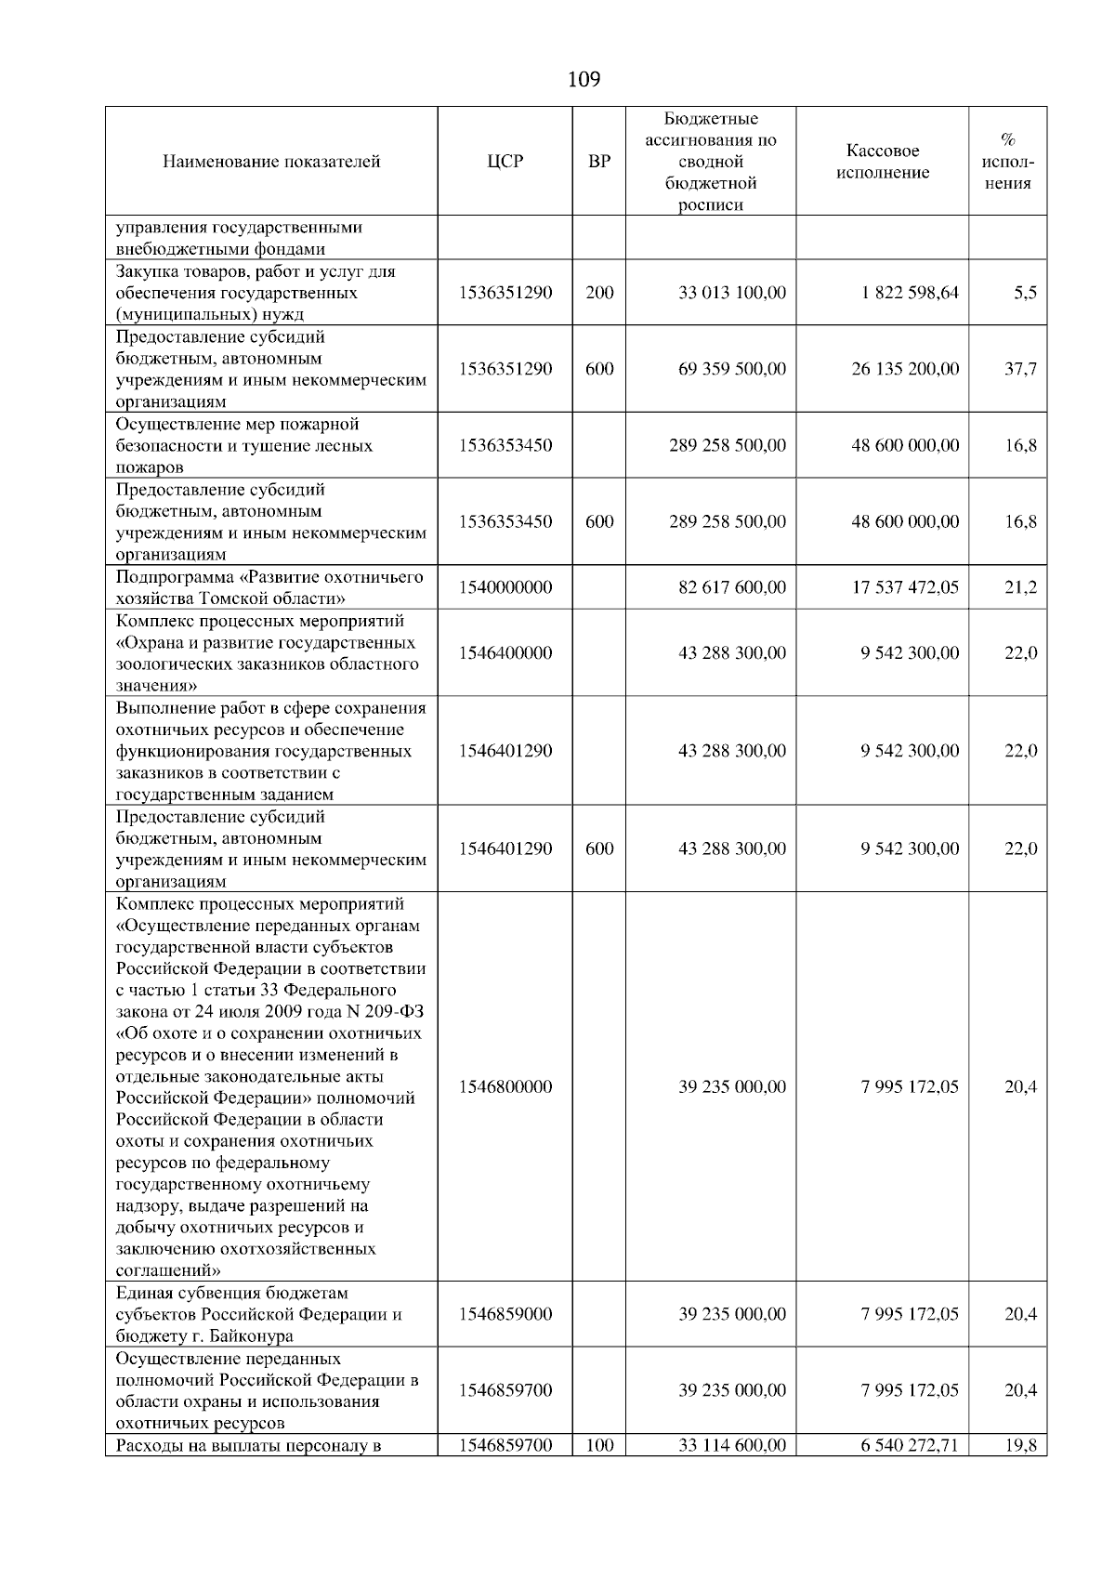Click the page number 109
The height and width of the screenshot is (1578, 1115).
[x=584, y=79]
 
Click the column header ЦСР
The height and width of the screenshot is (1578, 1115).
[x=505, y=161]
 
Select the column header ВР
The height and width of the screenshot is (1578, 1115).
[x=599, y=161]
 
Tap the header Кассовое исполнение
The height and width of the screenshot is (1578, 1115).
[x=882, y=162]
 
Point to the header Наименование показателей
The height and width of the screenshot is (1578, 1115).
[x=271, y=162]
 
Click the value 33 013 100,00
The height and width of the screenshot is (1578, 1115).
[x=731, y=293]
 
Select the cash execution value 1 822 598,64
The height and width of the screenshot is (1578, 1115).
[x=910, y=293]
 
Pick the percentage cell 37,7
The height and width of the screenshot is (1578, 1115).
[x=1020, y=369]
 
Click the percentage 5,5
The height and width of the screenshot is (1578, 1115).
[x=1025, y=293]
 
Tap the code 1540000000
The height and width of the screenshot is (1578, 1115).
[x=505, y=587]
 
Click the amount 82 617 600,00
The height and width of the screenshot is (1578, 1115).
[x=731, y=587]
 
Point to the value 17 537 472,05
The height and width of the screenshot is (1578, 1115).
[x=905, y=587]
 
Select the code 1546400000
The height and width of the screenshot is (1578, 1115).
[x=505, y=653]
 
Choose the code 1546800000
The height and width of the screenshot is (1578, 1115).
[x=505, y=1086]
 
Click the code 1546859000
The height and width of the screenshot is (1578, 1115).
[x=505, y=1314]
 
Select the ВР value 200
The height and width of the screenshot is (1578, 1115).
[x=599, y=293]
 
